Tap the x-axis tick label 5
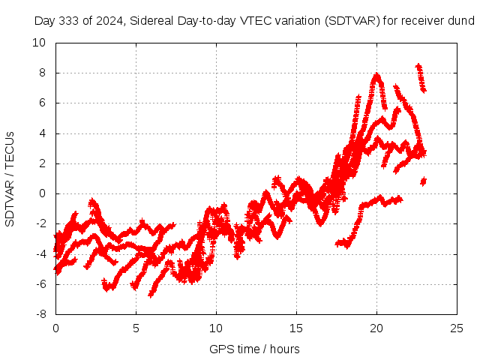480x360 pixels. click(136, 328)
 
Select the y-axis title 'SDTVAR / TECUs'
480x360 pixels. click(10, 178)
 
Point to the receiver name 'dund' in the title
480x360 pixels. click(461, 20)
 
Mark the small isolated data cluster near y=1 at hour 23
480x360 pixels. click(423, 181)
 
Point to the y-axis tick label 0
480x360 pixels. click(45, 193)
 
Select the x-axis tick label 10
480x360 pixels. click(216, 328)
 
